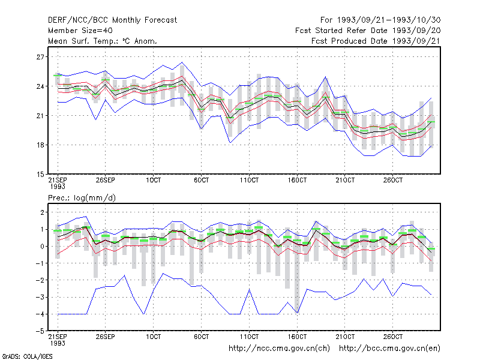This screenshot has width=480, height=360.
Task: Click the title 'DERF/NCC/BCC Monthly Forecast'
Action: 112,20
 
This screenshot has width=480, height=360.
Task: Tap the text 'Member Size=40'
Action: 80,31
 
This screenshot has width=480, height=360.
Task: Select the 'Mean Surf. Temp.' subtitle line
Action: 103,41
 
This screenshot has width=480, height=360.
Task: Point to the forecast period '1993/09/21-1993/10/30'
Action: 389,20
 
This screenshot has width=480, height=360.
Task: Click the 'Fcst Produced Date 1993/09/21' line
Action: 376,41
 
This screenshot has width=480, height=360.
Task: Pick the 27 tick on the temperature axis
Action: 40,57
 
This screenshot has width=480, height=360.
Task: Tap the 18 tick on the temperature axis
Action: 40,145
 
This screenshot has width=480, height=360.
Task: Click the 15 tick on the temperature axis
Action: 40,175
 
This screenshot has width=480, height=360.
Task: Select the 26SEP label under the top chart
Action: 106,180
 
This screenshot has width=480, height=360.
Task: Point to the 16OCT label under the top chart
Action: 297,180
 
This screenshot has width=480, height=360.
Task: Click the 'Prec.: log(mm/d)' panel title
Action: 82,198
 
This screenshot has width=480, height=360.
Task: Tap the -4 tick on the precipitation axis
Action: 40,314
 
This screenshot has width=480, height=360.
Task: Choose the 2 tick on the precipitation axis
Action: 42,212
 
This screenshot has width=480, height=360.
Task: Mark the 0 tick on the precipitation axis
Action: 42,246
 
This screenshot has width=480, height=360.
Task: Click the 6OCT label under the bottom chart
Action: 201,337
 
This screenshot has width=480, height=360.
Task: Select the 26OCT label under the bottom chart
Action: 393,337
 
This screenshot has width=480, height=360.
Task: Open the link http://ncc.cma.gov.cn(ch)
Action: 279,349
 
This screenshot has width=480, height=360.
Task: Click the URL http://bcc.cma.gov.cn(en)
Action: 389,349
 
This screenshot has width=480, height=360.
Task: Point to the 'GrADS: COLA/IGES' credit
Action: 27,356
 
